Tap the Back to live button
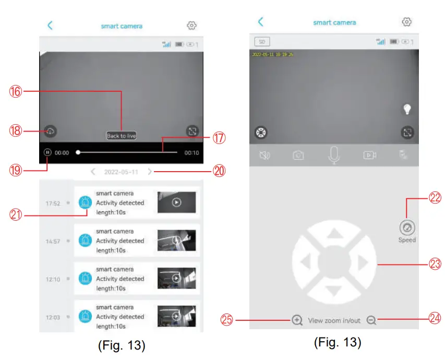pyautogui.click(x=121, y=136)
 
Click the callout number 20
pyautogui.click(x=220, y=171)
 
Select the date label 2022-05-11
pyautogui.click(x=121, y=172)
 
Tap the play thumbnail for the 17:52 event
pyautogui.click(x=176, y=202)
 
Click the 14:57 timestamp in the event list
pyautogui.click(x=53, y=242)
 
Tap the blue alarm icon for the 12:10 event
pyautogui.click(x=85, y=279)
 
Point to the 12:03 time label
pyautogui.click(x=53, y=317)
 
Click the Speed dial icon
pyautogui.click(x=407, y=228)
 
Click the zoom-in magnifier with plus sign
pyautogui.click(x=297, y=320)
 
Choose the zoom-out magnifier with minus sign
pyautogui.click(x=371, y=320)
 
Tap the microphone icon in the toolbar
pyautogui.click(x=334, y=154)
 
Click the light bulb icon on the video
pyautogui.click(x=407, y=109)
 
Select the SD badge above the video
pyautogui.click(x=262, y=41)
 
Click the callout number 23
pyautogui.click(x=434, y=265)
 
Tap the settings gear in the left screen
pyautogui.click(x=191, y=26)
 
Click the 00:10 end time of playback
pyautogui.click(x=191, y=153)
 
